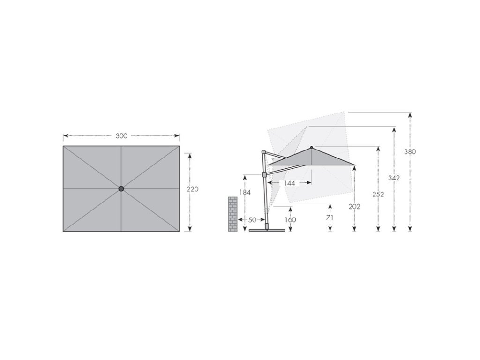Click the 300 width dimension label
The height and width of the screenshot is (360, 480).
121,136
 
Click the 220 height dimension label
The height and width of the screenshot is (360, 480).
193,189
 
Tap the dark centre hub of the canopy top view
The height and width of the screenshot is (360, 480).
121,188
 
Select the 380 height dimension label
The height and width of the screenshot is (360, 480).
410,151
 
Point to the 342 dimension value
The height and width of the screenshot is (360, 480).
394,178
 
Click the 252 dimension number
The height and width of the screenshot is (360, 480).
378,195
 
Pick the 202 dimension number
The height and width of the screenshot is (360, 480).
354,207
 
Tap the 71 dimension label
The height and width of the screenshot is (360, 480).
330,217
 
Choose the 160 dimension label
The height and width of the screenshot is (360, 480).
290,220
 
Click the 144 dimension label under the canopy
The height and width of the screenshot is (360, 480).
289,183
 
